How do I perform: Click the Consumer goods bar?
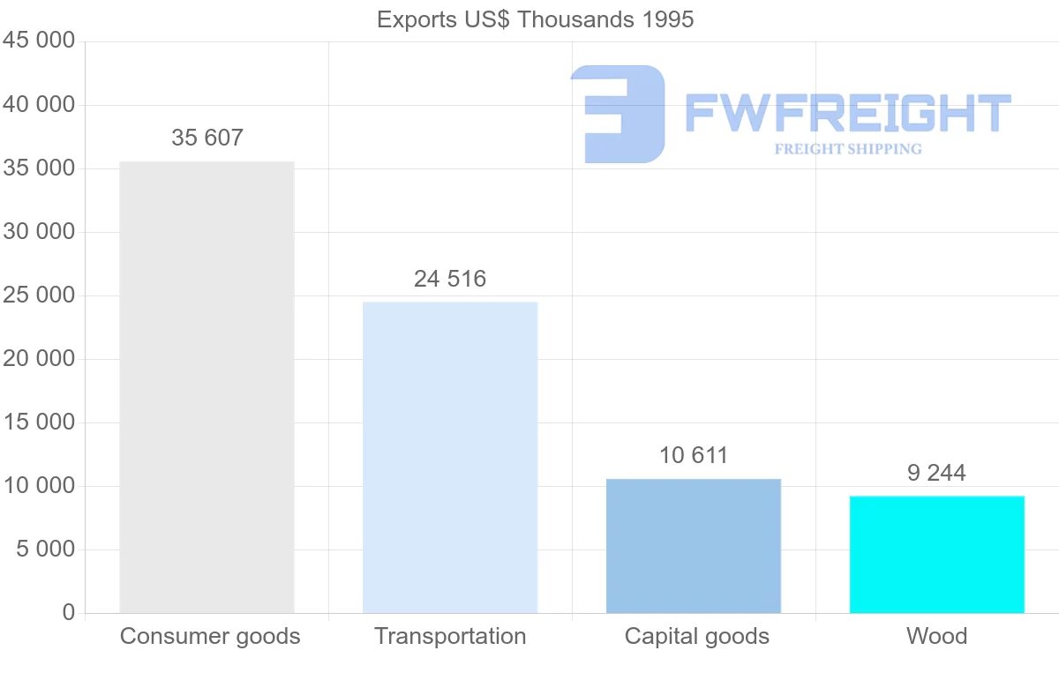click(207, 387)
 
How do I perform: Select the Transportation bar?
click(450, 458)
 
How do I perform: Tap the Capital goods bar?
click(694, 546)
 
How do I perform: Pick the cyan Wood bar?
click(937, 555)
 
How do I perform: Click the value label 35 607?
click(207, 138)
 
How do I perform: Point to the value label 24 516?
click(450, 280)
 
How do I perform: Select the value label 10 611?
click(694, 456)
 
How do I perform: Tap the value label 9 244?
click(936, 474)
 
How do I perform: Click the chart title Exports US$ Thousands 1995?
click(536, 19)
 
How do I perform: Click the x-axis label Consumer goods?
click(210, 636)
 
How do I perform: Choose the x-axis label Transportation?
click(450, 636)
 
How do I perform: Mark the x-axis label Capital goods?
click(697, 636)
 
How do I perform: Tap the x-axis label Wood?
click(937, 636)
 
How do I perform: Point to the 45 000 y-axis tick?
click(39, 41)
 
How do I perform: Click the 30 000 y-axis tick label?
click(39, 232)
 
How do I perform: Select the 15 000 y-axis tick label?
click(39, 422)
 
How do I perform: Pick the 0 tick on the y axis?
click(69, 613)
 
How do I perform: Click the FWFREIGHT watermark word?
click(848, 114)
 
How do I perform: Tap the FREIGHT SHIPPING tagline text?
click(848, 149)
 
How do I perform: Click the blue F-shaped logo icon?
click(618, 114)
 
